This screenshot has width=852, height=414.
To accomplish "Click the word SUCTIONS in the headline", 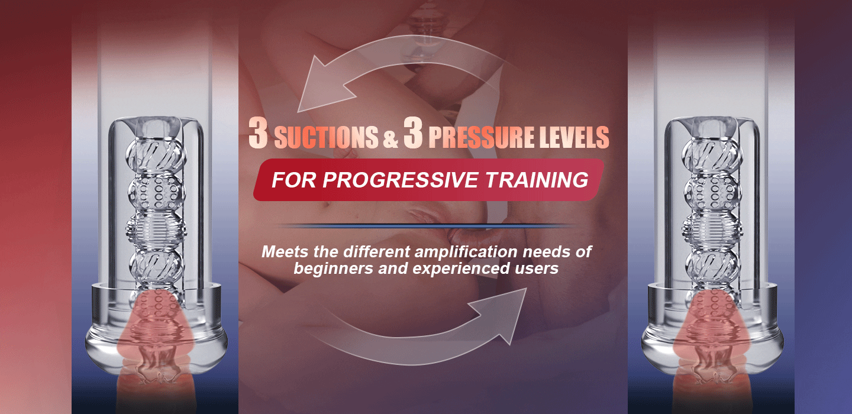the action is (x=326, y=137).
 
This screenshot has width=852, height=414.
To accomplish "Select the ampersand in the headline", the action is (x=390, y=139).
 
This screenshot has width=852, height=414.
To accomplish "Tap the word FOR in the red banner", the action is (x=293, y=180).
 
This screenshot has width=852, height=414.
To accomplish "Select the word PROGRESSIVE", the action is (x=400, y=180).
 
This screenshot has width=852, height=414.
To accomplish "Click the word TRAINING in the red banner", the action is (x=537, y=180).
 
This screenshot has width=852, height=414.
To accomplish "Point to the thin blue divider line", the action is (x=426, y=226).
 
